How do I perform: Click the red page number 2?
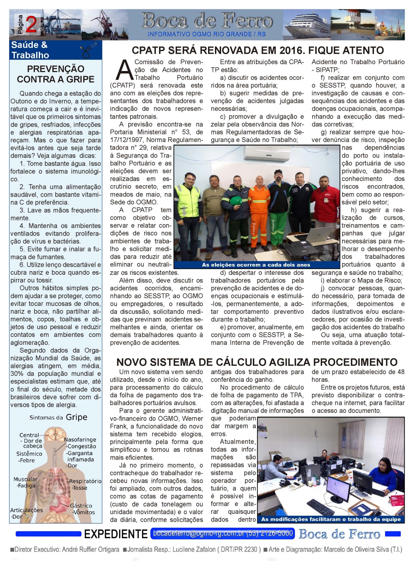[x=31, y=25]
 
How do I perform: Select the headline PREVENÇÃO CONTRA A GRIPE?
[x=56, y=74]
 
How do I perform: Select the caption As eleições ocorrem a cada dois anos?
[x=256, y=265]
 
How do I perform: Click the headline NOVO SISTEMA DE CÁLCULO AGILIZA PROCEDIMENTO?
[x=257, y=362]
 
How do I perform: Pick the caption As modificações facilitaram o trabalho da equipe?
[x=331, y=519]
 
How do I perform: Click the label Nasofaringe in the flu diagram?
[x=80, y=440]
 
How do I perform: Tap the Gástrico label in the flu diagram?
[x=81, y=506]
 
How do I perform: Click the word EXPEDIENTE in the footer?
[x=116, y=534]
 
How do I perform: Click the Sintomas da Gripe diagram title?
[x=58, y=417]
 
